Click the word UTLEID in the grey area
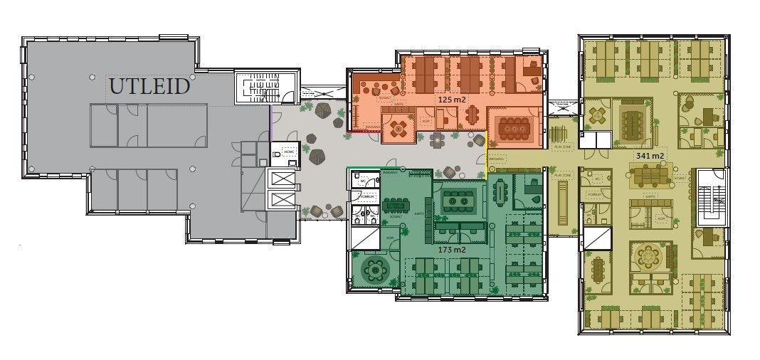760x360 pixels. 149,87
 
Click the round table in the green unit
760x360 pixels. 374,270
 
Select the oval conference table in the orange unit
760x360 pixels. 514,128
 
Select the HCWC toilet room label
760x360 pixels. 288,151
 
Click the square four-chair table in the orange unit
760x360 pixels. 399,129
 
